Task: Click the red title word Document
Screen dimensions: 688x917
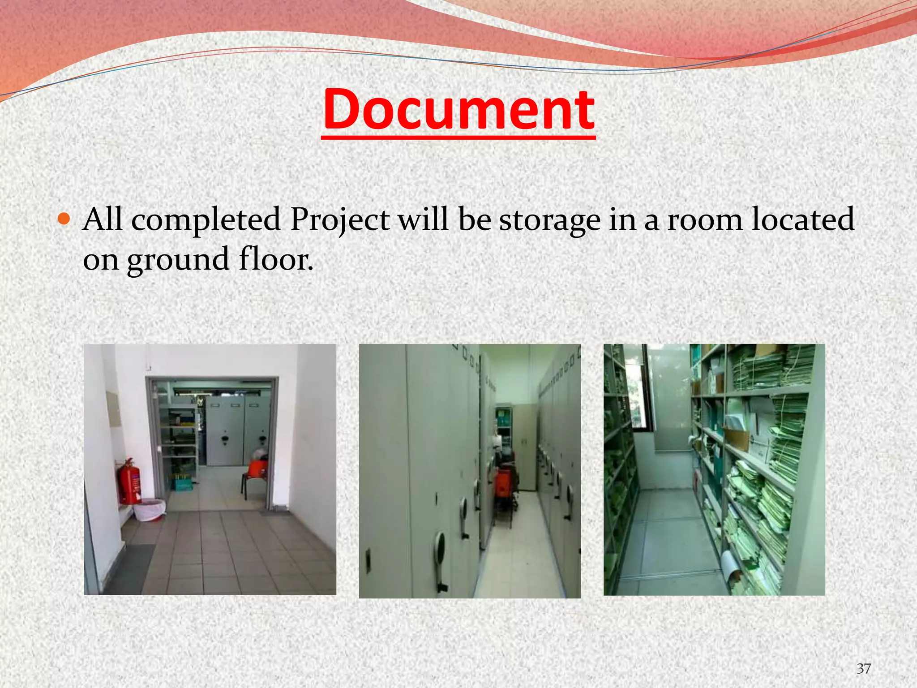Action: [x=458, y=110]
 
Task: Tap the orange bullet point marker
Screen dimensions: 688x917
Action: [x=64, y=219]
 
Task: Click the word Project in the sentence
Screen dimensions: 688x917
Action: [x=340, y=220]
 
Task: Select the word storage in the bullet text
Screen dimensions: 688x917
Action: [x=549, y=220]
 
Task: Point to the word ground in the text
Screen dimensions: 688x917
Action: [x=178, y=260]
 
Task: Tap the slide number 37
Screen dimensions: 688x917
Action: [x=864, y=669]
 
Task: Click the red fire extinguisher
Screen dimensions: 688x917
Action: [x=129, y=482]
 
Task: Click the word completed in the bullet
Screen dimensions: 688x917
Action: [x=206, y=220]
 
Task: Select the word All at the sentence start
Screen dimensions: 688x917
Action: [x=103, y=219]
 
